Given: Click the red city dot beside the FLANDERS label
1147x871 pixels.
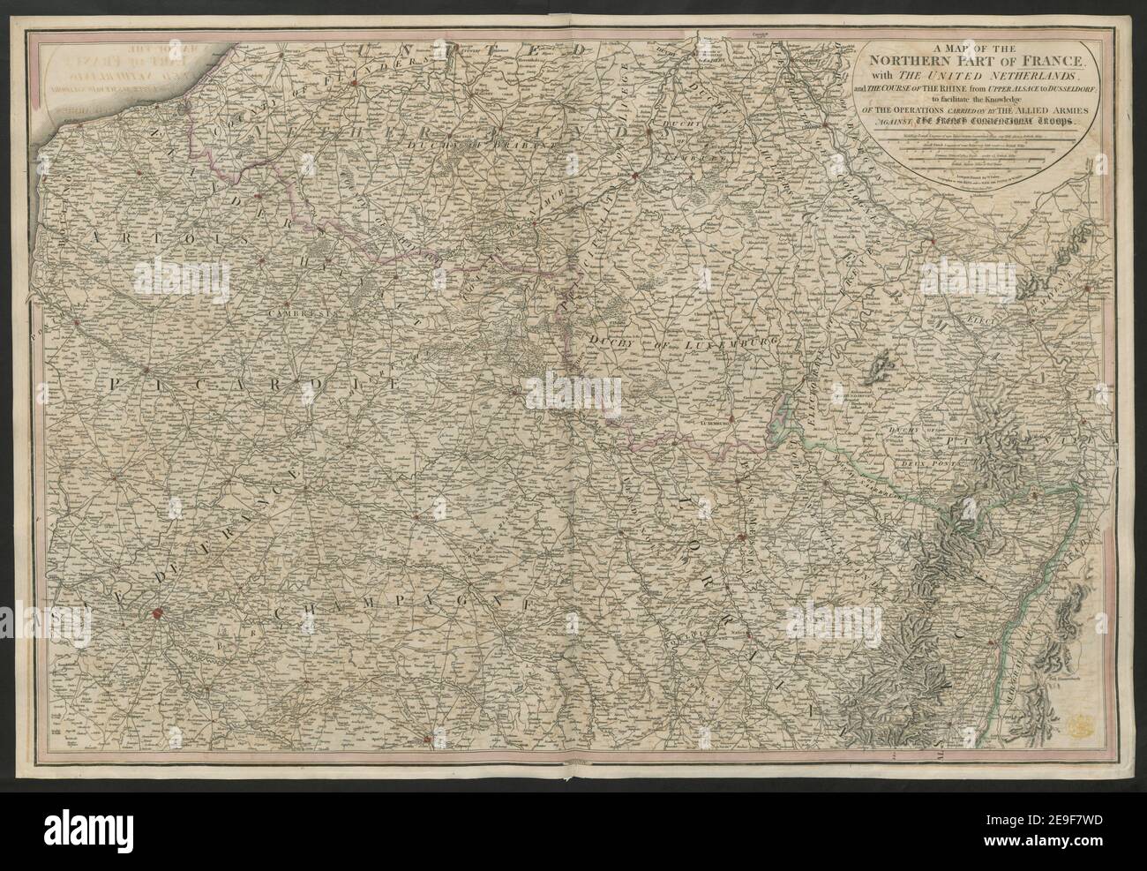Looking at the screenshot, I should coord(352,84).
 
